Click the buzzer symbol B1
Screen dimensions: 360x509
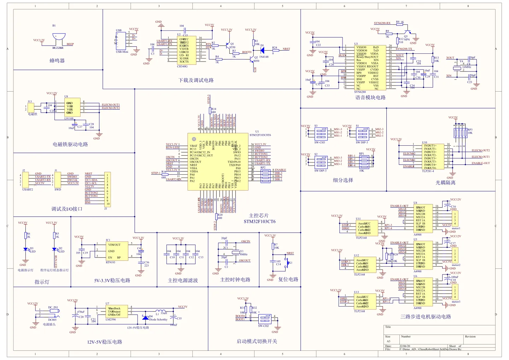coord(59,37)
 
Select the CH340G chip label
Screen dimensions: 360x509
coord(182,66)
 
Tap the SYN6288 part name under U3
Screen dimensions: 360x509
coord(360,92)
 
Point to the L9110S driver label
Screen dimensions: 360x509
coord(69,118)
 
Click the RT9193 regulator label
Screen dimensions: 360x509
coord(111,262)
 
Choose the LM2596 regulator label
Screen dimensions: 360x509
coord(111,319)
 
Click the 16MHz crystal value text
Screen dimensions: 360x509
coord(467,67)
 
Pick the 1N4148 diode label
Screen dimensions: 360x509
coord(264,57)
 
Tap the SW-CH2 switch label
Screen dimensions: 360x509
coord(263,326)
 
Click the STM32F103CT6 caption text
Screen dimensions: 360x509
coord(259,222)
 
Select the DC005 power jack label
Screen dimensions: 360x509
coord(52,320)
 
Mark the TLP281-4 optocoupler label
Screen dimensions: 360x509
coord(428,171)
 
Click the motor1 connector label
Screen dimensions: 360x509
coord(456,228)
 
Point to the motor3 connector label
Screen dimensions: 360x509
coord(456,302)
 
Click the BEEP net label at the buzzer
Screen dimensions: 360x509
coord(70,44)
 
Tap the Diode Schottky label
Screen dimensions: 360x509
coord(158,319)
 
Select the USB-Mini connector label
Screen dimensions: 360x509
coord(122,52)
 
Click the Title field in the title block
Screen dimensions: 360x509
coord(388,327)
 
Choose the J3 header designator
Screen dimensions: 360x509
coord(105,209)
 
